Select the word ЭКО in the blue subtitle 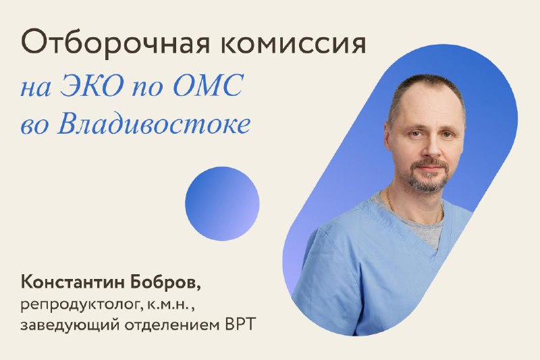[x=92, y=84]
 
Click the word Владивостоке [x=154, y=124]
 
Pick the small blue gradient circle [x=222, y=203]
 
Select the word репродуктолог [x=80, y=305]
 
